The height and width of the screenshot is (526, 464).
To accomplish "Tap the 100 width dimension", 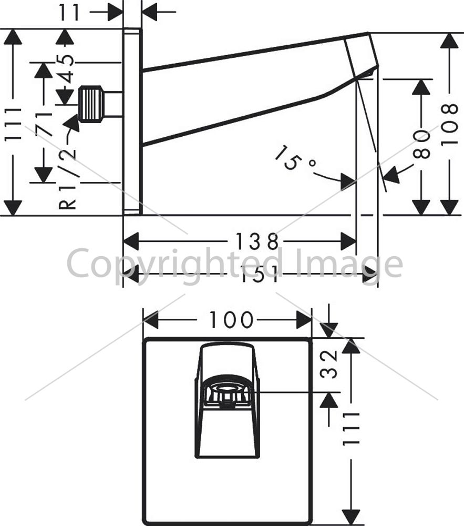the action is tap(232, 320).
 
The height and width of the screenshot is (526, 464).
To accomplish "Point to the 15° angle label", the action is tap(293, 158).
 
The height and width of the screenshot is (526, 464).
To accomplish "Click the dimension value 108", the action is tap(449, 125).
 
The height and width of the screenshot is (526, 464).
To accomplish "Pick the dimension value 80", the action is tap(421, 144).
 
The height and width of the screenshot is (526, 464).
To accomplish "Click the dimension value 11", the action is tap(70, 13).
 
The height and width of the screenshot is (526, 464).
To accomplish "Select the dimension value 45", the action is tap(65, 68).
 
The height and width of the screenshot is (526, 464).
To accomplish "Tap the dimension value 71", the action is tap(44, 124).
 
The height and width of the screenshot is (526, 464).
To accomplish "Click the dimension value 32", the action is tap(328, 364).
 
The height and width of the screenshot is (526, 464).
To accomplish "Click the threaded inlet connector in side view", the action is tap(91, 103).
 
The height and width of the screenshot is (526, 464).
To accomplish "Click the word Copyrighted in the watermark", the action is tap(174, 265).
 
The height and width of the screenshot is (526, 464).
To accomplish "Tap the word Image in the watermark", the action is tap(351, 266).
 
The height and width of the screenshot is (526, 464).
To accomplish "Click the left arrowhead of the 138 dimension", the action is tap(131, 241).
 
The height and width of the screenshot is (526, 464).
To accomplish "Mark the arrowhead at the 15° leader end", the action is tap(348, 181).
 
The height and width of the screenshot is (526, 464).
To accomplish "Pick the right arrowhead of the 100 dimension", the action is tap(304, 320).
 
